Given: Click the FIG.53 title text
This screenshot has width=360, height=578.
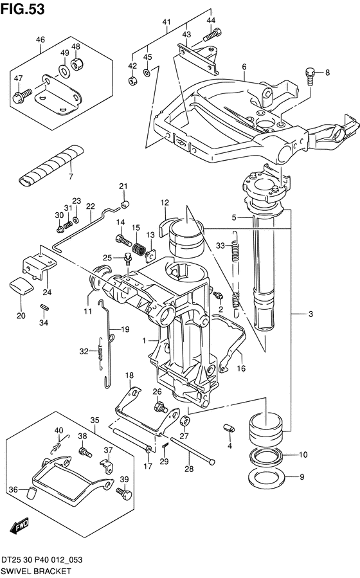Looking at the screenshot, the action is point(22,9).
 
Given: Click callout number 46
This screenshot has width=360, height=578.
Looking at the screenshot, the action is point(40,39).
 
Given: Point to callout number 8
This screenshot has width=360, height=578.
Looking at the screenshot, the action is point(327,73).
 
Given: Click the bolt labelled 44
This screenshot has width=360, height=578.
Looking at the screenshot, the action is point(212,34).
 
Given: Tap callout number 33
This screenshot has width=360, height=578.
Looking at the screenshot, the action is point(221,246).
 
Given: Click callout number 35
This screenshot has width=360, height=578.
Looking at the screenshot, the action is point(94,420).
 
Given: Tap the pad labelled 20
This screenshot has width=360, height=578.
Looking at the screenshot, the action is point(21,287).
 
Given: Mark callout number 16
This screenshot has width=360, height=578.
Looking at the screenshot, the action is point(241,368).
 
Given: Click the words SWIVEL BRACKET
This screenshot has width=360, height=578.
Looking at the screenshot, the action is point(35,571).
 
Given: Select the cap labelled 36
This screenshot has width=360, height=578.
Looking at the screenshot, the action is point(30,493).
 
